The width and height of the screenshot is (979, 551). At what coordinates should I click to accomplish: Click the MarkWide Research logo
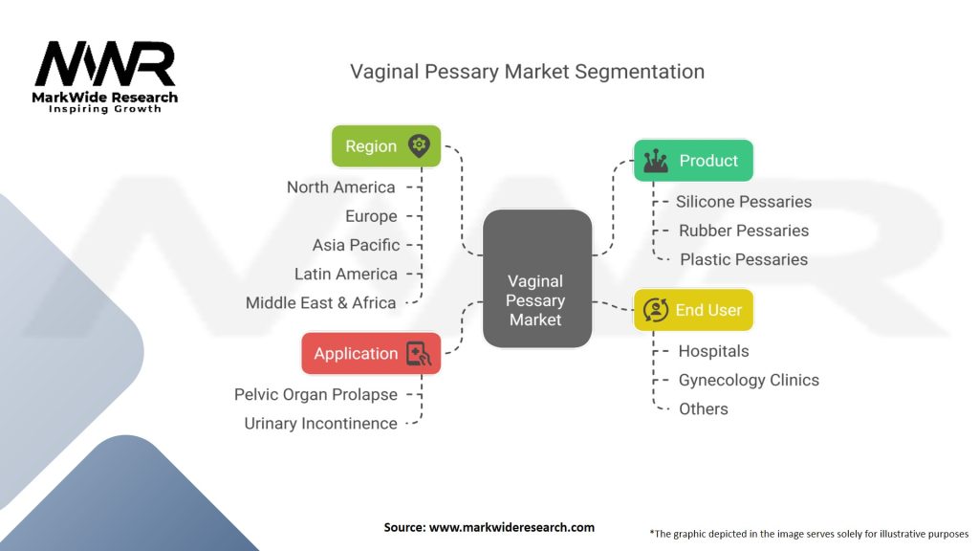pos(105,77)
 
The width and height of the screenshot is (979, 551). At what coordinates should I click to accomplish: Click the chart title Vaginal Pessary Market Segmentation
pos(527,72)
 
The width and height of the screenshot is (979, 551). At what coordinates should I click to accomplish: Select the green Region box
pos(385,146)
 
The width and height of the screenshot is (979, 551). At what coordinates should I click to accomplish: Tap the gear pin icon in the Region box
pos(418,146)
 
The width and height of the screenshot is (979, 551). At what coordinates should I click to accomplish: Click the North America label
pos(340,187)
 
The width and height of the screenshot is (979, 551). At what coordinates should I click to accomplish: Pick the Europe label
pos(371,216)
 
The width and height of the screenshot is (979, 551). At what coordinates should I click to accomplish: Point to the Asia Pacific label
pos(356,245)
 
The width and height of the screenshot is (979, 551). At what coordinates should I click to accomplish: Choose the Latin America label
pos(346,274)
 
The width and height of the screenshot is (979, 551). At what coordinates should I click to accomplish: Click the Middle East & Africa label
pos(320,302)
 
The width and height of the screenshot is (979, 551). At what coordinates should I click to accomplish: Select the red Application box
pos(371,353)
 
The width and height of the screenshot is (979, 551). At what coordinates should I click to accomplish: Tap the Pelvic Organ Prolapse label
pos(315,394)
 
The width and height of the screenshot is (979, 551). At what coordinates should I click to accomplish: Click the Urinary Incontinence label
pos(320,423)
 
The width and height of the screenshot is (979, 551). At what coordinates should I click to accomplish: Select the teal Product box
pos(693,161)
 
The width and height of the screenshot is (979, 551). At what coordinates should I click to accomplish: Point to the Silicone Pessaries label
pos(744,202)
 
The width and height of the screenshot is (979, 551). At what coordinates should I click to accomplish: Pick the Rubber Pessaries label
pos(744,231)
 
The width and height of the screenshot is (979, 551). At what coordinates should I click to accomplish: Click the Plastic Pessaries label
pos(744,259)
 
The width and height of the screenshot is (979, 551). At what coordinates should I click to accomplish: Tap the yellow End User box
pos(693,310)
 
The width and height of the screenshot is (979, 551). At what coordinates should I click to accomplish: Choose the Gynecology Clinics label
pos(749,380)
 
